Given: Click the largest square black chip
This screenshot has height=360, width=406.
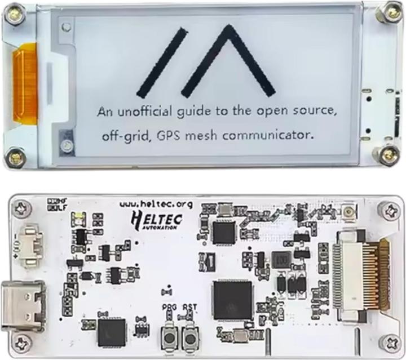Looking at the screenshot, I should click(x=232, y=299).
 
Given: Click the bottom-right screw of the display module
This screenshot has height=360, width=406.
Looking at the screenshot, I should click(x=388, y=153).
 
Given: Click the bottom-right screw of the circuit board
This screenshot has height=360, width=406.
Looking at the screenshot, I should click(x=390, y=341).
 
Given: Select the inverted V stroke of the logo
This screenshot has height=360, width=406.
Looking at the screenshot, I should click(x=228, y=60).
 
